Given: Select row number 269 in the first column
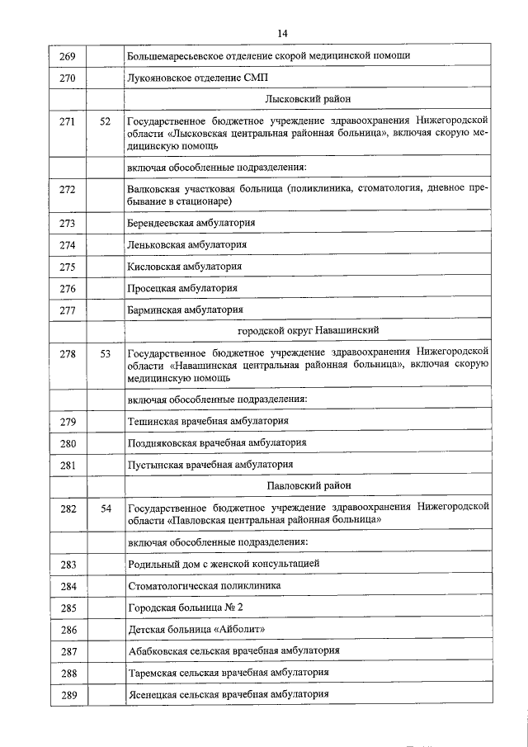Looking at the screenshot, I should point(68,57).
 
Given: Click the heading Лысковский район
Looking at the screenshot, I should point(307,99).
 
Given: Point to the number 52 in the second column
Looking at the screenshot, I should point(105,122).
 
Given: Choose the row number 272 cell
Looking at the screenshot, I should point(68,190).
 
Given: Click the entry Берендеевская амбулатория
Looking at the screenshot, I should point(191,224).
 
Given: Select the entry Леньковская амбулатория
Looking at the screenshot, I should point(187,245).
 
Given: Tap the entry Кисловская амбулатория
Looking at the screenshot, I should point(185,267).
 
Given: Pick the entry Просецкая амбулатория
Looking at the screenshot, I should point(182,288).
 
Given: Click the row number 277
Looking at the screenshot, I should point(68,310).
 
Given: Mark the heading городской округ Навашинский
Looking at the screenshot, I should point(308,330).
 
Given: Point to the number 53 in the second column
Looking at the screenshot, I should point(105,354).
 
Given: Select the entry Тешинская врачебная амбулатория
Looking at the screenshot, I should point(208,421).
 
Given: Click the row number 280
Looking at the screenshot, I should point(68,443).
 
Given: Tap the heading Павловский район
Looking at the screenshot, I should point(308,486).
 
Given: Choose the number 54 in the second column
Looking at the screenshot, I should point(105,509).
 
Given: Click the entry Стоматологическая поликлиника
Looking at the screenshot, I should point(204,585).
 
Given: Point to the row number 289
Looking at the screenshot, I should point(68,695).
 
